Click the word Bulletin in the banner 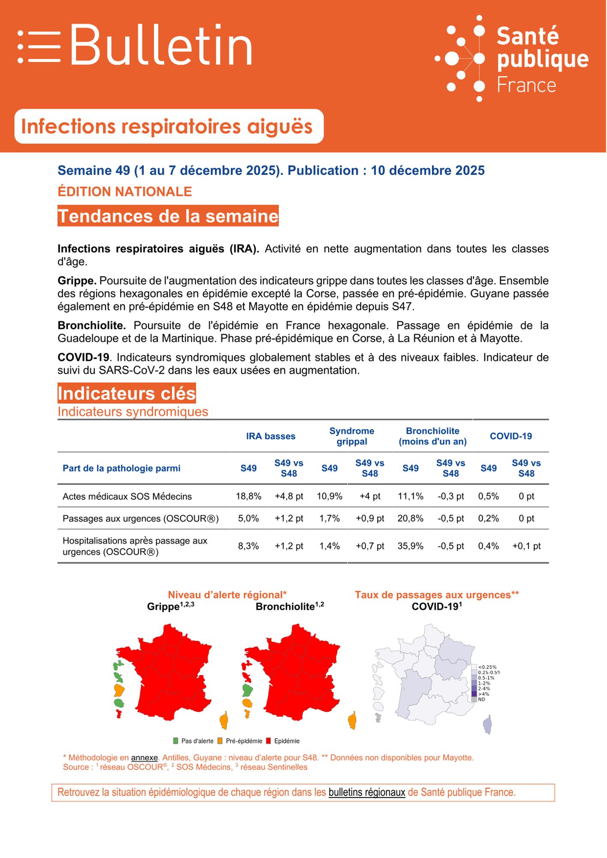pyautogui.click(x=161, y=45)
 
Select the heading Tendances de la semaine pyautogui.click(x=168, y=216)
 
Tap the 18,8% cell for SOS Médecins pyautogui.click(x=248, y=496)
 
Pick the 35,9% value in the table pyautogui.click(x=410, y=546)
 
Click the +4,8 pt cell pyautogui.click(x=289, y=496)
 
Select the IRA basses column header pyautogui.click(x=271, y=436)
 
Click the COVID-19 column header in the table pyautogui.click(x=510, y=436)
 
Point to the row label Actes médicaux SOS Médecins pyautogui.click(x=127, y=496)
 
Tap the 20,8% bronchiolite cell pyautogui.click(x=410, y=519)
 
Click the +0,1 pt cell pyautogui.click(x=526, y=546)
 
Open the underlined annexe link pyautogui.click(x=144, y=758)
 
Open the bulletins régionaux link pyautogui.click(x=367, y=792)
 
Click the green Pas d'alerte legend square pyautogui.click(x=175, y=741)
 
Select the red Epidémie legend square pyautogui.click(x=269, y=741)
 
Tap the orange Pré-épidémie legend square pyautogui.click(x=220, y=741)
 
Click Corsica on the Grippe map pyautogui.click(x=224, y=720)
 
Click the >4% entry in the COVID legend pyautogui.click(x=474, y=694)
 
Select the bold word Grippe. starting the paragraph pyautogui.click(x=77, y=281)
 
